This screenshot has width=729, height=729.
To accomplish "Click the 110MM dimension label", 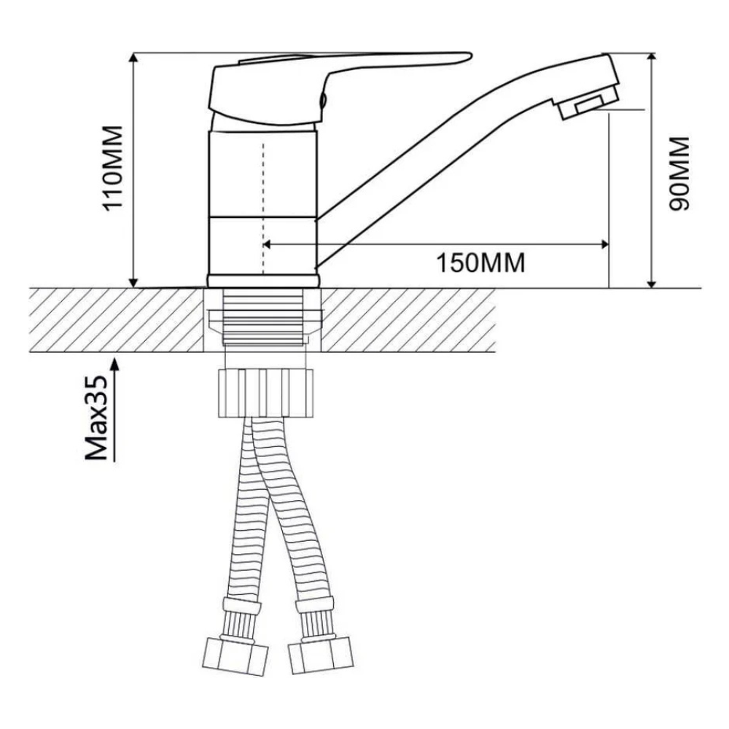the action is (x=114, y=168).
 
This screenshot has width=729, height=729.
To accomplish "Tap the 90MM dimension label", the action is (x=679, y=173).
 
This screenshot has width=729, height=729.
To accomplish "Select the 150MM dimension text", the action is (x=480, y=262).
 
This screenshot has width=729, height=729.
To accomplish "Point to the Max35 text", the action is (x=96, y=418).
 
